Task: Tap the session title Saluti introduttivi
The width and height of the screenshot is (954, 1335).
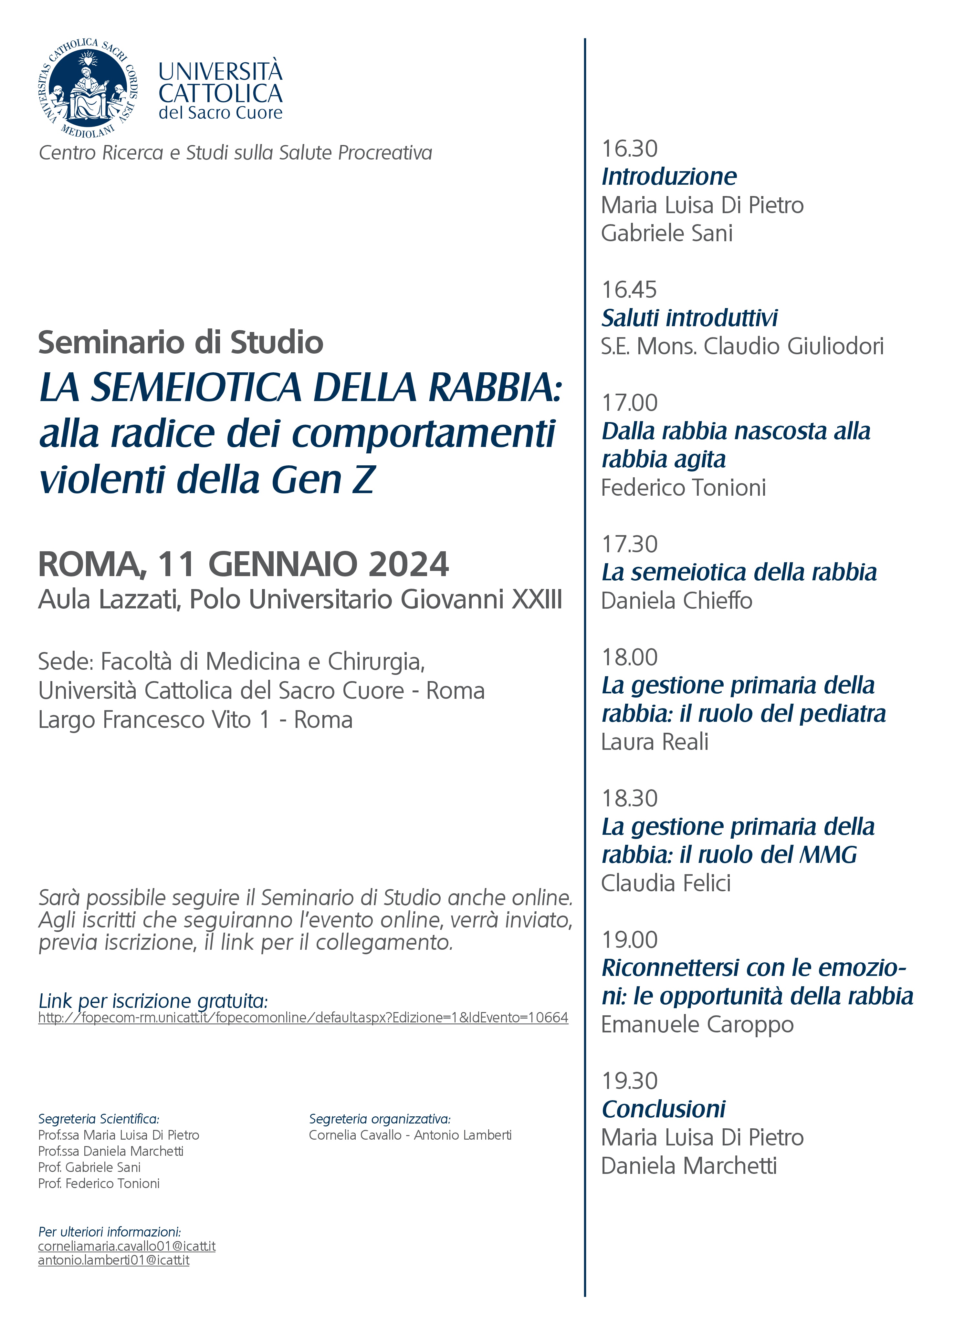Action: [x=689, y=318]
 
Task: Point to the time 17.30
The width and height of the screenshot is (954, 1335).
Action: [x=629, y=544]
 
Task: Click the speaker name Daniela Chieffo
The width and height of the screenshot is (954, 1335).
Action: [x=676, y=601]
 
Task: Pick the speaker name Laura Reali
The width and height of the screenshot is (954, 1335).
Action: [x=655, y=742]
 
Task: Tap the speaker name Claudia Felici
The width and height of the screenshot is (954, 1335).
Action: [x=666, y=883]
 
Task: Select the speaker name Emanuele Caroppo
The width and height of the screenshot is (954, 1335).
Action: [x=697, y=1024]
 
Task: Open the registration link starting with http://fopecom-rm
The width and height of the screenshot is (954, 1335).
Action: [x=303, y=1017]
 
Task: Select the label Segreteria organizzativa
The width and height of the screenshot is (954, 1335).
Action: [x=380, y=1119]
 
